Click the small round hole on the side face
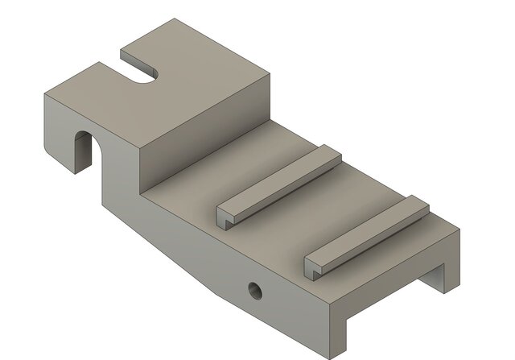tap(255, 288)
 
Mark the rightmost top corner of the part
tap(459, 232)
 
